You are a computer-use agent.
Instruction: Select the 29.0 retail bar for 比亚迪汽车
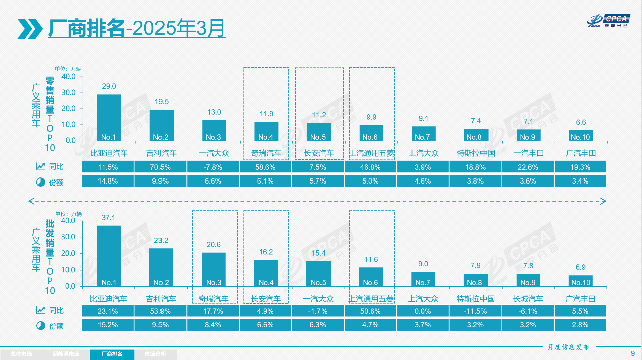coord(109,117)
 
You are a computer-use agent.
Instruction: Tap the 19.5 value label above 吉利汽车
coord(162,102)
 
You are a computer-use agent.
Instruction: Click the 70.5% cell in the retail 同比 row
coord(162,167)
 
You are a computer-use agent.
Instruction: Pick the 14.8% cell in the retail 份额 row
coord(109,181)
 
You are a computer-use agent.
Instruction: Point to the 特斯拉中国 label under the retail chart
coord(476,153)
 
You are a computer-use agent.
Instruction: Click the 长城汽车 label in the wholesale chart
coord(528,299)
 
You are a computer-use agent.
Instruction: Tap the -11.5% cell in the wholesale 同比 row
coord(475,311)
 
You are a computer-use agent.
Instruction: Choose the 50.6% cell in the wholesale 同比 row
coord(370,311)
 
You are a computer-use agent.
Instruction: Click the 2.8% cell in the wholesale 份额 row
coord(580,325)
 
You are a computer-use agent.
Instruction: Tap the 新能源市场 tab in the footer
coord(66,354)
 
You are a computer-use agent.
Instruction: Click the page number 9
coord(632,353)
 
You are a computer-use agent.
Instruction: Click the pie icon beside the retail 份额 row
coord(40,182)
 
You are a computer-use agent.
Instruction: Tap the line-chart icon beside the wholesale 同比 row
coord(40,311)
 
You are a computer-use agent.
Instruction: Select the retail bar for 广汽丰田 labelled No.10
coord(580,135)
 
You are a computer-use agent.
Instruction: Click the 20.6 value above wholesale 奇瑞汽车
coord(214,245)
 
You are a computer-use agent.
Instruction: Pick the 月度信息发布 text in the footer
coord(568,347)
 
